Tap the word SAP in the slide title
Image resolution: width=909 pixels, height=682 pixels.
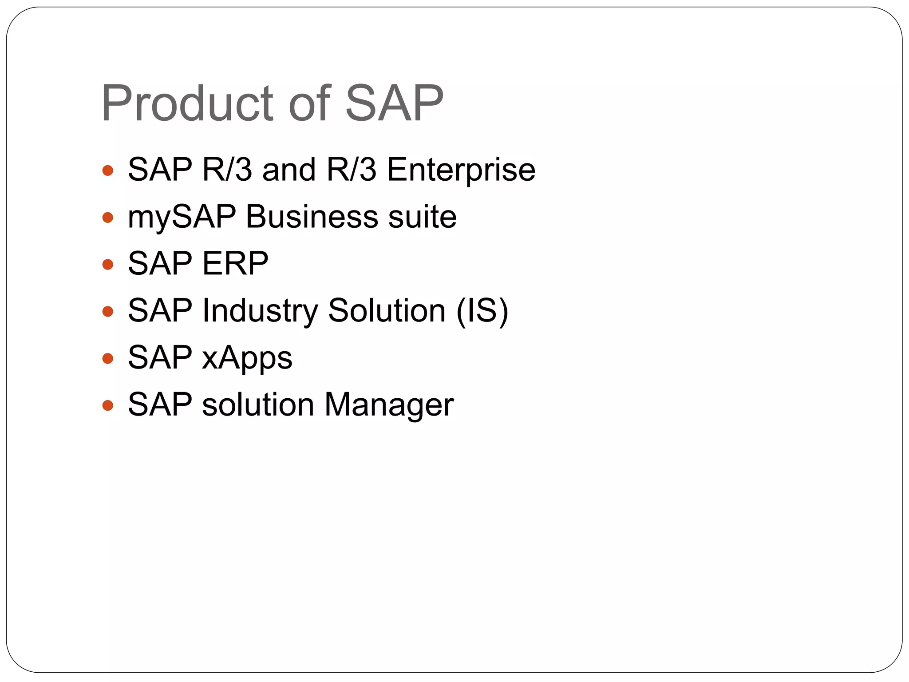394,103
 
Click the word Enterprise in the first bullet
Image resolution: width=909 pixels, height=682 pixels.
461,170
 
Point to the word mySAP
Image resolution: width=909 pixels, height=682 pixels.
182,218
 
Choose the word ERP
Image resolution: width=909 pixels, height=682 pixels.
235,264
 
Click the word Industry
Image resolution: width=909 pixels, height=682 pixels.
260,311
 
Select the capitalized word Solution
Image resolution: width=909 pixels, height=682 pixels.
387,311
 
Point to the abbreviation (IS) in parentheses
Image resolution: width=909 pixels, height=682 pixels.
482,311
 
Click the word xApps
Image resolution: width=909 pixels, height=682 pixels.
247,358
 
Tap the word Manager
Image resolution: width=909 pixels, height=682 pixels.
389,405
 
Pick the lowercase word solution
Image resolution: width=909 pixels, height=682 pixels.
258,405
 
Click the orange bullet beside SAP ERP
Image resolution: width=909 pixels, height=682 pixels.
107,265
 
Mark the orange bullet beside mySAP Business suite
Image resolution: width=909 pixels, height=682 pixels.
107,218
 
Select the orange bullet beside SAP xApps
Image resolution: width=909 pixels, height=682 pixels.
107,358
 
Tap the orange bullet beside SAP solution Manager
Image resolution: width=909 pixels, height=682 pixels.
107,405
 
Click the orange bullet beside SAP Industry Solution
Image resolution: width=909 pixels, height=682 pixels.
107,311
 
